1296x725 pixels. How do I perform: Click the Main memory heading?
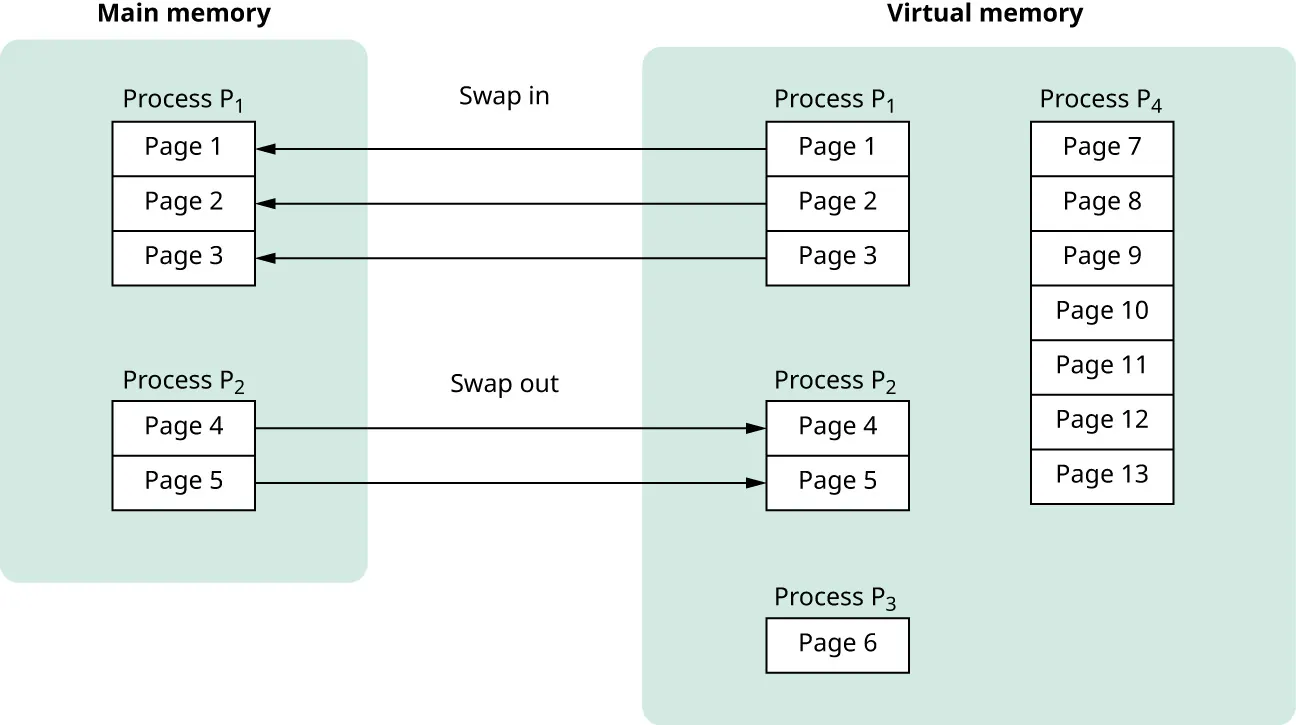tap(184, 14)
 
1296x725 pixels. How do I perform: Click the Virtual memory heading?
tap(985, 14)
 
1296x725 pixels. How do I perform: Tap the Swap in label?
tap(504, 96)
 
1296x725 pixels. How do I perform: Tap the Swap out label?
tap(504, 384)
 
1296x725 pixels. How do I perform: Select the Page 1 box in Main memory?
tap(184, 148)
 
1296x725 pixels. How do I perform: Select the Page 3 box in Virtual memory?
tap(837, 257)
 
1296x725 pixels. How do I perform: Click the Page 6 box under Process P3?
tap(837, 644)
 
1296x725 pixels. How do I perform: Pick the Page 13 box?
tap(1101, 475)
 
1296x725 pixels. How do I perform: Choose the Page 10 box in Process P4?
tap(1101, 311)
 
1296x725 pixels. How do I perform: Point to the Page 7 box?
tap(1101, 148)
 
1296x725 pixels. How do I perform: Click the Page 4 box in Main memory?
tap(184, 427)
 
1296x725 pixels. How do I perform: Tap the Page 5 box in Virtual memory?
tap(837, 482)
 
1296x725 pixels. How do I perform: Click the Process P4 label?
tap(1100, 99)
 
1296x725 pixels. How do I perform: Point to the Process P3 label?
tap(835, 597)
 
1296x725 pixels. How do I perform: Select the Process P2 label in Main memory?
tap(184, 381)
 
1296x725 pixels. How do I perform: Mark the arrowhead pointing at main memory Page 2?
tap(265, 203)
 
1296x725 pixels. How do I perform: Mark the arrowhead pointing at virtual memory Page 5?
tap(757, 483)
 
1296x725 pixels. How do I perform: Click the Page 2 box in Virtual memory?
tap(837, 203)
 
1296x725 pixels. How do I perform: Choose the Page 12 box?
tap(1101, 420)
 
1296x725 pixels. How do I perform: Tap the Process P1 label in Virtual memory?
tap(835, 99)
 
